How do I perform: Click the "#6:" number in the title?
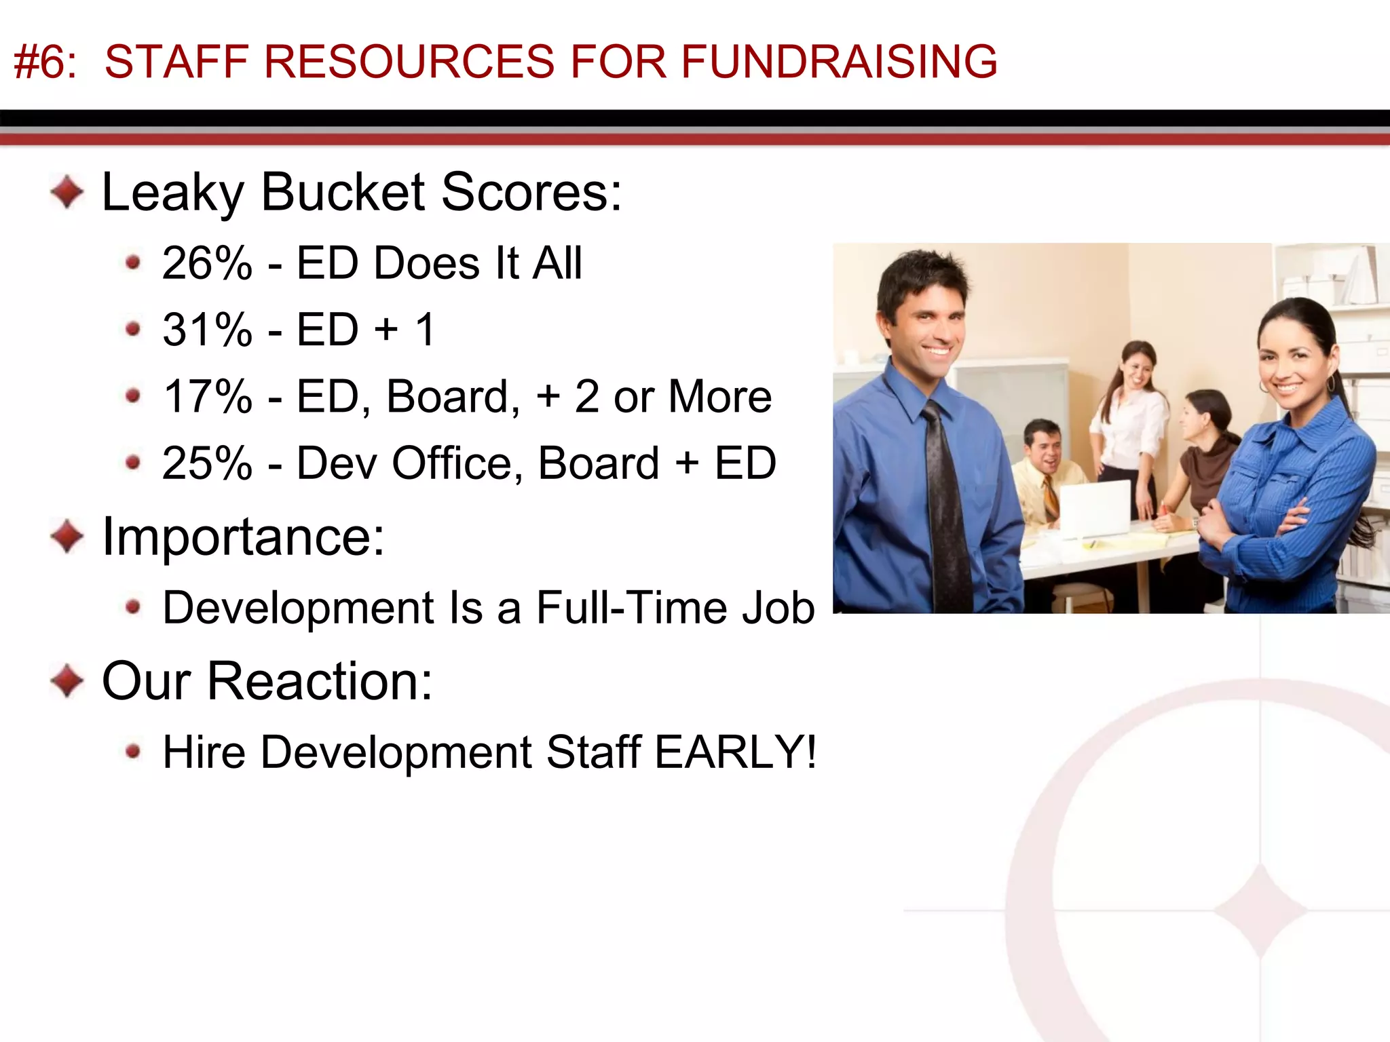tap(45, 62)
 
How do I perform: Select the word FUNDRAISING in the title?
tap(839, 62)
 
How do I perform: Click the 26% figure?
tap(207, 263)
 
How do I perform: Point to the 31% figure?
tap(207, 330)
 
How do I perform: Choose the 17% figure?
tap(207, 396)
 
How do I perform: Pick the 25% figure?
tap(207, 463)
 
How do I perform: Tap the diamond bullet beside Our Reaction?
tap(67, 680)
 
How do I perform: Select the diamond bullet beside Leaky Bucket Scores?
tap(67, 192)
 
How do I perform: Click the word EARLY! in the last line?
tap(736, 752)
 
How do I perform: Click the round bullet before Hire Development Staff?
tap(133, 751)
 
